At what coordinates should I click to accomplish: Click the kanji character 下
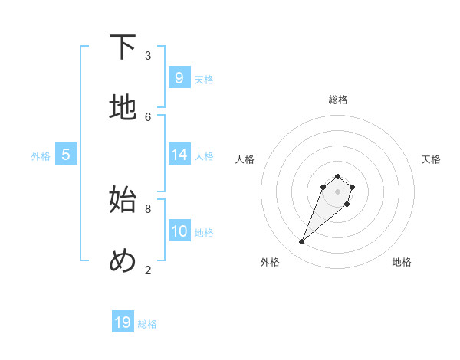point(123,48)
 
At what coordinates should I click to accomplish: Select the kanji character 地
point(123,108)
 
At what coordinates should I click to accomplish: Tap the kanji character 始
point(123,201)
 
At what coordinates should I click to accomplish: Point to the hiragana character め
point(123,261)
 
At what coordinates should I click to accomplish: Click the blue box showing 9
point(179,78)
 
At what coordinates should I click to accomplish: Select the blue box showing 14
point(179,155)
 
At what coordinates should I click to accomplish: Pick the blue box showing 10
point(179,231)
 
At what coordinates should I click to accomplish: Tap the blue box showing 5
point(65,155)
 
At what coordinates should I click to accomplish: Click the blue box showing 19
point(123,322)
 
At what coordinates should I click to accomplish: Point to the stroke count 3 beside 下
point(148,55)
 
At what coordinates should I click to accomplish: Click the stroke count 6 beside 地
point(148,116)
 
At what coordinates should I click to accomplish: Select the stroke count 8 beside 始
point(148,208)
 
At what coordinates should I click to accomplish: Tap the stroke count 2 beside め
point(148,270)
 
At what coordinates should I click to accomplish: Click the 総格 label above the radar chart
point(338,100)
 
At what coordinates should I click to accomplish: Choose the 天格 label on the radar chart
point(431,159)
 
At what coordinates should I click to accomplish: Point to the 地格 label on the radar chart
point(402,262)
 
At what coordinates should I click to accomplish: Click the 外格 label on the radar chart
point(270,262)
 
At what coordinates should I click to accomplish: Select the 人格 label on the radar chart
point(245,159)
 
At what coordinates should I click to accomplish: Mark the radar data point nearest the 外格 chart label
point(302,242)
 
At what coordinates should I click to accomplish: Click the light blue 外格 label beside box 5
point(41,156)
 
